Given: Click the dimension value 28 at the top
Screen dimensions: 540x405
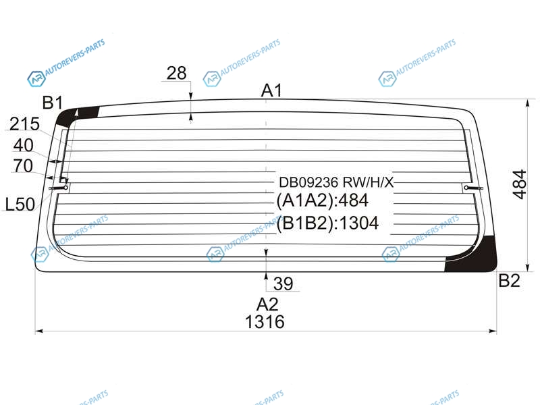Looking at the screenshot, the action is pyautogui.click(x=177, y=73).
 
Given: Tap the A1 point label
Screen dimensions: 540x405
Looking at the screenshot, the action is pyautogui.click(x=272, y=91).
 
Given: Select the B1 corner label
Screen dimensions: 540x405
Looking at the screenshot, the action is pyautogui.click(x=53, y=103).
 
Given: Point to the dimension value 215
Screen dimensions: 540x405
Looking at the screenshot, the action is pyautogui.click(x=24, y=124).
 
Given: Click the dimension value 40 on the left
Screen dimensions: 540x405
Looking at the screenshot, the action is pyautogui.click(x=24, y=145).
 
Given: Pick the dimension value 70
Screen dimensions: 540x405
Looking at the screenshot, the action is pyautogui.click(x=23, y=166).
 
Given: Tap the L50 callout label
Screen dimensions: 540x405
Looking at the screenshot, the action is pyautogui.click(x=20, y=205).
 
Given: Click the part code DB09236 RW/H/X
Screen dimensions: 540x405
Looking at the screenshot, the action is pyautogui.click(x=336, y=182).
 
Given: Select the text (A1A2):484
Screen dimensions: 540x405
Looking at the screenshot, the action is pyautogui.click(x=323, y=200).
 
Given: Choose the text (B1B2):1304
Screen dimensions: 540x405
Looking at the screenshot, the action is pyautogui.click(x=327, y=223).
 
